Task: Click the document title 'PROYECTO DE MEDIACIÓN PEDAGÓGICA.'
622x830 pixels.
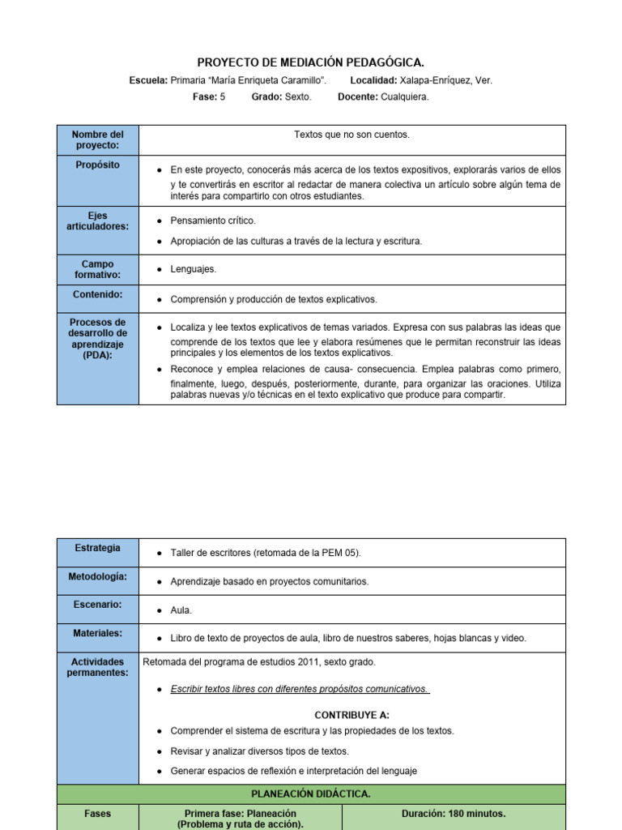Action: (311, 62)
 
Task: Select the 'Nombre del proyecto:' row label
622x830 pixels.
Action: (97, 139)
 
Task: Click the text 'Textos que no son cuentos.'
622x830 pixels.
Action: (351, 135)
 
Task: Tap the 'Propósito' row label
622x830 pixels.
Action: (97, 165)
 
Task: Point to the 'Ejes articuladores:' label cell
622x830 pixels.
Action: (97, 221)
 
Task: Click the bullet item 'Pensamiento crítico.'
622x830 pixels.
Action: (213, 220)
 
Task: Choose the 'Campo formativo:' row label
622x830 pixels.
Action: (97, 269)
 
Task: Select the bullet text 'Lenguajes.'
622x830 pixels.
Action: (194, 268)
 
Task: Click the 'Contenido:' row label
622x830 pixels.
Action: (97, 294)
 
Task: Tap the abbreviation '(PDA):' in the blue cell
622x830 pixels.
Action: (97, 356)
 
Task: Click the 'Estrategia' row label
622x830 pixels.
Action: (97, 548)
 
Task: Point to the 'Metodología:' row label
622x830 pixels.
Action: (97, 576)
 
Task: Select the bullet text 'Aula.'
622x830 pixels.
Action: (181, 610)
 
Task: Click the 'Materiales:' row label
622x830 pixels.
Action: (97, 633)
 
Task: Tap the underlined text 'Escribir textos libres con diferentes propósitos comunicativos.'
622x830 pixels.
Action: (300, 689)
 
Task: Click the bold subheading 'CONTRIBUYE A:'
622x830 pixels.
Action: (351, 715)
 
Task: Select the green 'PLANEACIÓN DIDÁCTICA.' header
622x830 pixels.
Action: (311, 794)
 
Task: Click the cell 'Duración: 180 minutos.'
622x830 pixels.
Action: (454, 813)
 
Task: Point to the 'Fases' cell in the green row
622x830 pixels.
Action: (97, 813)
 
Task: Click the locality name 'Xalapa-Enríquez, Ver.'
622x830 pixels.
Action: (445, 80)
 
